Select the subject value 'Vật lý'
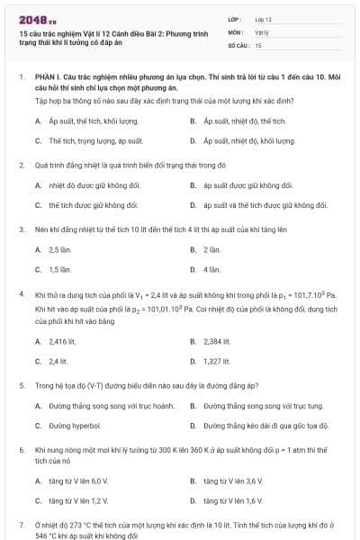(262, 31)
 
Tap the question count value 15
(258, 44)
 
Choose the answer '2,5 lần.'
(60, 247)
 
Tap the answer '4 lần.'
(212, 269)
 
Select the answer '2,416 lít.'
(63, 341)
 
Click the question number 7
(21, 523)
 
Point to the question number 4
(21, 295)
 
